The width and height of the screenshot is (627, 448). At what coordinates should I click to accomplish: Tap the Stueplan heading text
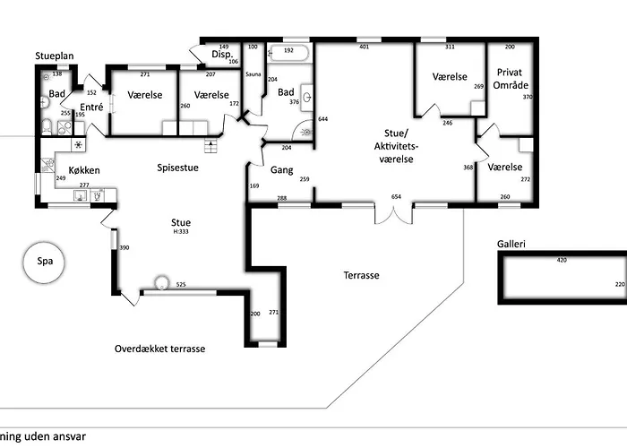click(x=56, y=55)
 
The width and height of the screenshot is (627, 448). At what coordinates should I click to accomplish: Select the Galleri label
click(x=511, y=243)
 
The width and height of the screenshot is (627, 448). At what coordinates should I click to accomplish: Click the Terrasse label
click(x=361, y=275)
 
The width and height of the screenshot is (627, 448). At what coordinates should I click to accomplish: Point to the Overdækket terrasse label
click(x=160, y=348)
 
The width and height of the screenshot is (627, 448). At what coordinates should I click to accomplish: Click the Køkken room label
click(x=83, y=169)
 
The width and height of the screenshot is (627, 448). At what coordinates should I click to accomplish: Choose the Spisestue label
click(x=177, y=167)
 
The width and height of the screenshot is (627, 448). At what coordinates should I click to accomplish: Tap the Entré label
click(x=92, y=107)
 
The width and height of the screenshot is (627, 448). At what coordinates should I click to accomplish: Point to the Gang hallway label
click(x=282, y=169)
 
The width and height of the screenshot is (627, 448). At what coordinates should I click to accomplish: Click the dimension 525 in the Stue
click(x=180, y=285)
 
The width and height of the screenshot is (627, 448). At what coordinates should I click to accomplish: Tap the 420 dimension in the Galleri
click(x=563, y=261)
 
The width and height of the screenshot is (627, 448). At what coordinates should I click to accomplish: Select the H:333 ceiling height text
click(x=181, y=232)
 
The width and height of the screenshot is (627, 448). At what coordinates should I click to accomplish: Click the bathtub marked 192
click(x=288, y=52)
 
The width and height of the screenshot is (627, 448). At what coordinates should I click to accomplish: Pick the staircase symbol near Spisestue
click(x=212, y=147)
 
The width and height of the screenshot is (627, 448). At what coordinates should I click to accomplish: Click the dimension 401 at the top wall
click(x=364, y=47)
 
